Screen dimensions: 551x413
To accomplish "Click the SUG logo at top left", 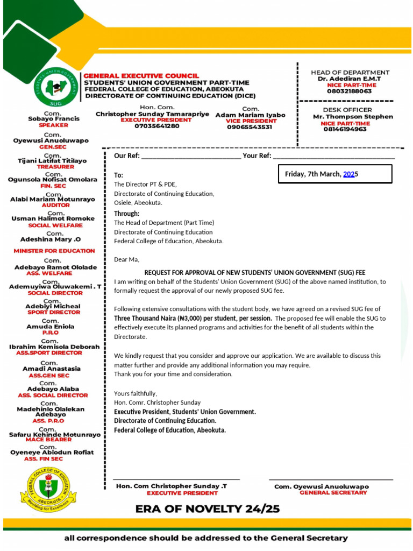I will (x=55, y=88).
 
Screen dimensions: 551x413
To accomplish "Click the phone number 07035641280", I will (x=150, y=126).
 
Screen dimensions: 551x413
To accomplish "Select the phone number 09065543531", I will (x=250, y=128).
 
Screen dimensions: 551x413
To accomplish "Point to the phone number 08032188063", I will (x=349, y=91).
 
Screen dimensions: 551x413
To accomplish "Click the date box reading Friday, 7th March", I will (x=335, y=174).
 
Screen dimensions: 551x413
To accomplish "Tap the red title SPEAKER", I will (x=53, y=125).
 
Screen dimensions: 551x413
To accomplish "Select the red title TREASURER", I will (x=53, y=167).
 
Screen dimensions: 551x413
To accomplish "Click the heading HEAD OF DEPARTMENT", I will (x=350, y=72).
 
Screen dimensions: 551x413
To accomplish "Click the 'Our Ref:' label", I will (x=127, y=156).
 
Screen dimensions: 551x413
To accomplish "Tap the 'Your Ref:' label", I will (x=257, y=156).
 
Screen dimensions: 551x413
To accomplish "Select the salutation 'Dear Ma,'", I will (x=126, y=259).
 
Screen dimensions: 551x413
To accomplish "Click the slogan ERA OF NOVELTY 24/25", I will (x=207, y=508).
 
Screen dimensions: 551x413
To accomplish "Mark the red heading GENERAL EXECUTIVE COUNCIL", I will (x=141, y=76).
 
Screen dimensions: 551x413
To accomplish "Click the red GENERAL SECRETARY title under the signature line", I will (x=333, y=492).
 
